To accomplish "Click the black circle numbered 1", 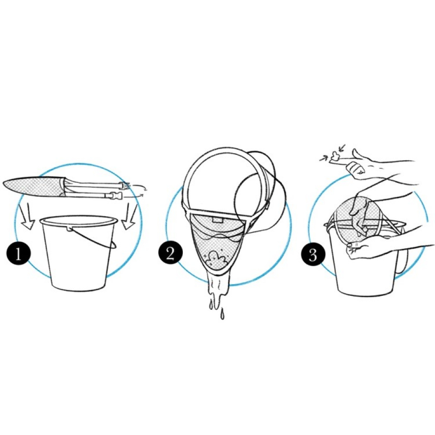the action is point(19,253).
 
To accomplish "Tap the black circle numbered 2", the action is point(171,253).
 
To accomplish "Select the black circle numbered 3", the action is point(313,254).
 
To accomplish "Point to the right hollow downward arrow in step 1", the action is point(130,216).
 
